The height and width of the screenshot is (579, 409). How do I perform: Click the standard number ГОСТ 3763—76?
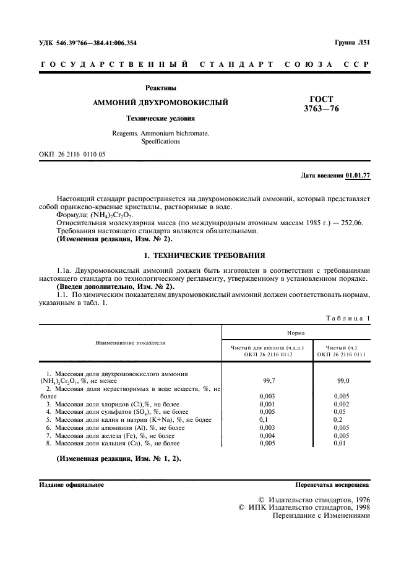[321, 104]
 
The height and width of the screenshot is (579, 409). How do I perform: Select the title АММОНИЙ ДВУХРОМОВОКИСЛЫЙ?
[160, 102]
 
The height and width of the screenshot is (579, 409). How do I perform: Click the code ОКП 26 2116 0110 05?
[72, 154]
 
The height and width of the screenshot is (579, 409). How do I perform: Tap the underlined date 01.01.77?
[358, 176]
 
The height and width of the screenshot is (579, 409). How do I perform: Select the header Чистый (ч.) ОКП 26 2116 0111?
[341, 351]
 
